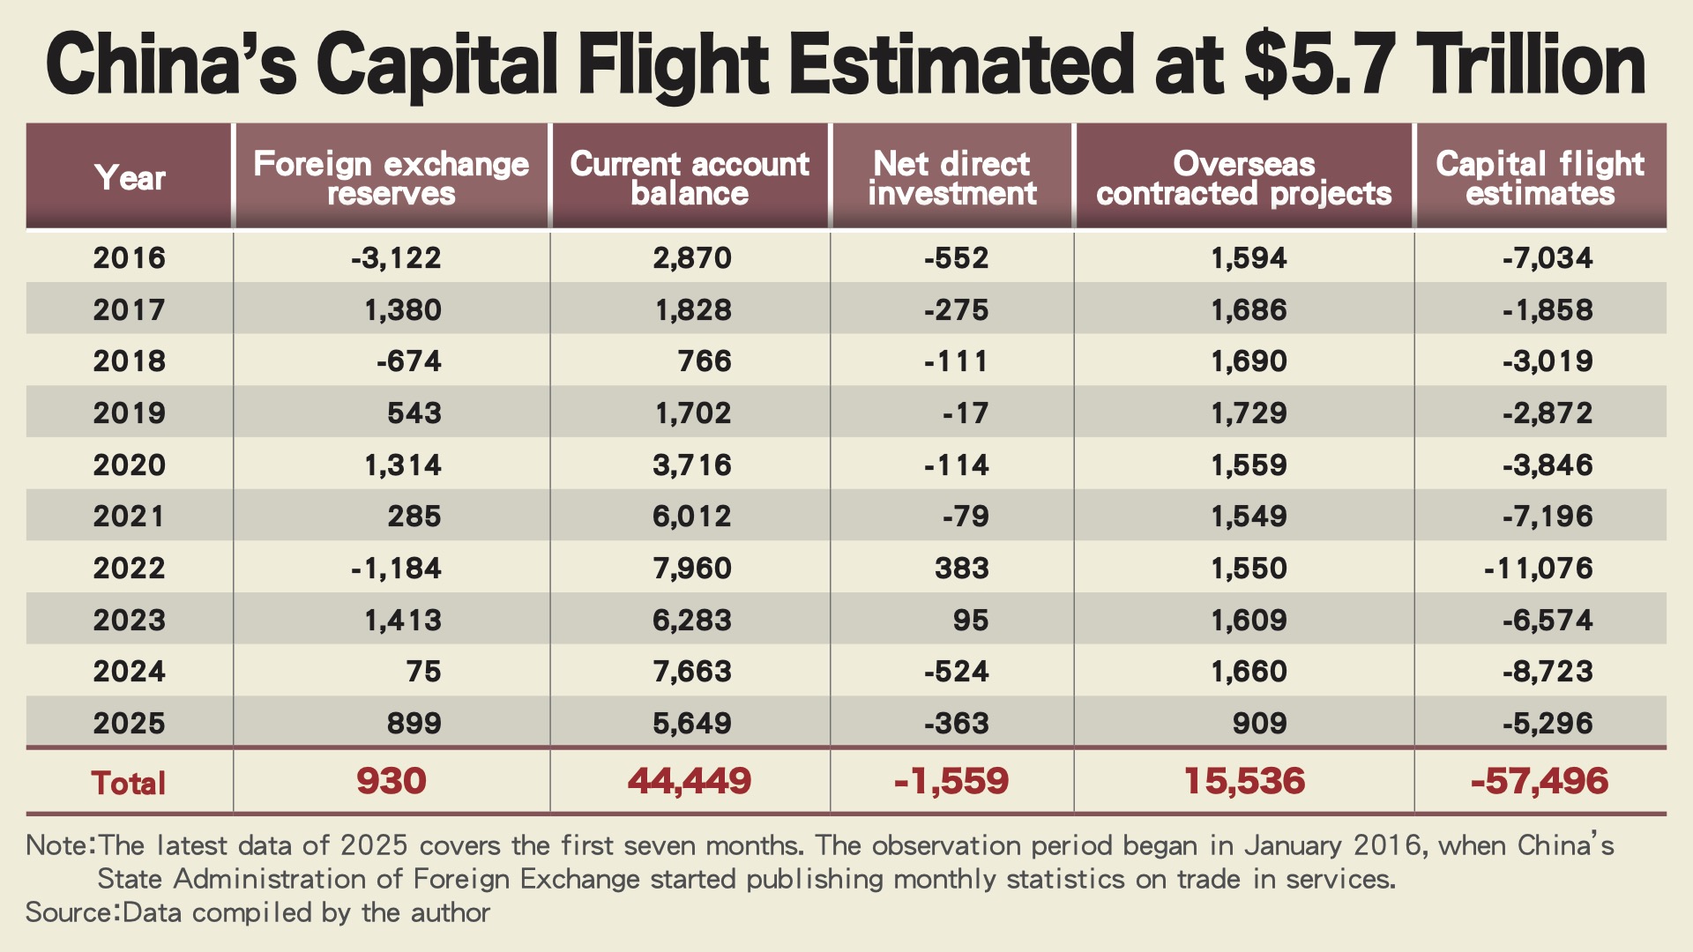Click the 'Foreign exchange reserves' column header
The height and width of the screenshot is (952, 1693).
(391, 178)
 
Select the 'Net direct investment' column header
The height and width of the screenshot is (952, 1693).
(952, 178)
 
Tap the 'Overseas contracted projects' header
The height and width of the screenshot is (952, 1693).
(1243, 178)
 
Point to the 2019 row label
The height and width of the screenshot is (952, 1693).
(130, 413)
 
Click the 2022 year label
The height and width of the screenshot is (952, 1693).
(130, 568)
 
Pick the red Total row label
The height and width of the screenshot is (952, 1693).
(129, 783)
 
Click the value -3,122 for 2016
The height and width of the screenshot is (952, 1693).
(396, 257)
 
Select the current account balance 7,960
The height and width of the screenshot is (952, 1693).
(692, 568)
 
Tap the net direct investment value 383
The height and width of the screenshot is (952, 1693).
(962, 568)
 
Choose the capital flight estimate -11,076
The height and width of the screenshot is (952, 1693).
(1539, 568)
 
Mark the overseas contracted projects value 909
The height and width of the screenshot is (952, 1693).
(1260, 723)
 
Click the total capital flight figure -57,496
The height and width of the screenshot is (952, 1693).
(1540, 781)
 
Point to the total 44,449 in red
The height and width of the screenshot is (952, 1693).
(690, 781)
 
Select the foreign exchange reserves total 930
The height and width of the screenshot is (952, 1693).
(392, 781)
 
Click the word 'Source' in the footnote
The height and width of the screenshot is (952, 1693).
(70, 912)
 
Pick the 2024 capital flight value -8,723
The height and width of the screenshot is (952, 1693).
(1548, 672)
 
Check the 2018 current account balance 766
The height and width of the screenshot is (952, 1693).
(705, 361)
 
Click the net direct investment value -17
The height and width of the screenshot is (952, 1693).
(966, 413)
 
